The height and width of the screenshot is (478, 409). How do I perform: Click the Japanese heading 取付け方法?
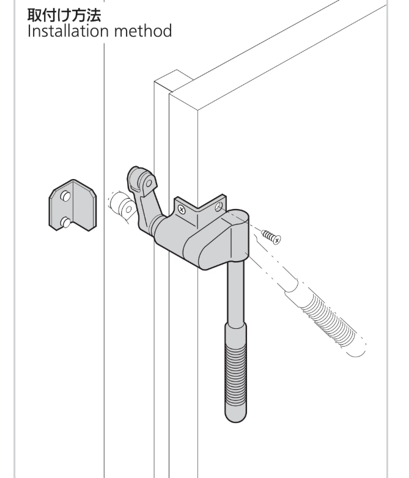pyautogui.click(x=64, y=15)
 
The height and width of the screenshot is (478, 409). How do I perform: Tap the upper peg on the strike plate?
pyautogui.click(x=65, y=196)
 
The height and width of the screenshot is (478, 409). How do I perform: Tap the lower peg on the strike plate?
pyautogui.click(x=65, y=222)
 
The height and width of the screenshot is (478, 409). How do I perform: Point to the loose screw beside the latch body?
pyautogui.click(x=271, y=237)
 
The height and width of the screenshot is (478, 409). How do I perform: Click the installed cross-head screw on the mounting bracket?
pyautogui.click(x=182, y=210)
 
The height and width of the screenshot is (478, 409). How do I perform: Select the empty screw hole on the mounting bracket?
pyautogui.click(x=218, y=207)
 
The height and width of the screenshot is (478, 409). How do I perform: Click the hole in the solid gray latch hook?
pyautogui.click(x=149, y=183)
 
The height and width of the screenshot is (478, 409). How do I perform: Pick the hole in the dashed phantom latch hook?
pyautogui.click(x=129, y=210)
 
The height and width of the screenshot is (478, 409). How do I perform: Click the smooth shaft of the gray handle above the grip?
pyautogui.click(x=236, y=293)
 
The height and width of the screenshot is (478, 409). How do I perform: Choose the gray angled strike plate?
pyautogui.click(x=73, y=205)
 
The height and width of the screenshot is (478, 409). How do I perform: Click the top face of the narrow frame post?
pyautogui.click(x=174, y=80)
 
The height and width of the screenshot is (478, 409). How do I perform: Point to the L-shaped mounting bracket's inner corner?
pyautogui.click(x=197, y=210)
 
